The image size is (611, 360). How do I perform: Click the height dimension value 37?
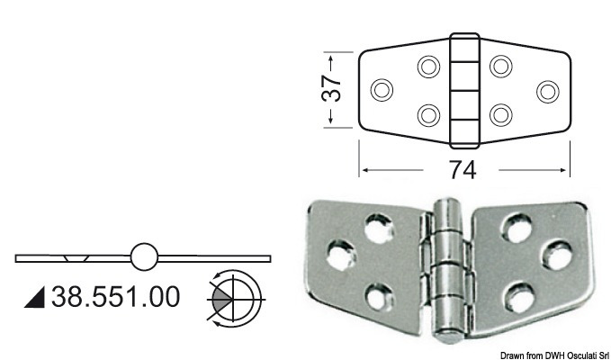(x=332, y=88)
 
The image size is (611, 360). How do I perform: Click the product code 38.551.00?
(x=114, y=295)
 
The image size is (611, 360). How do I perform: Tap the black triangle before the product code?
(x=38, y=296)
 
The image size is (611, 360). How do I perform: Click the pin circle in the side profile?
(x=143, y=257)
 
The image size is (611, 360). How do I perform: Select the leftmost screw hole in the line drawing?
(x=382, y=90)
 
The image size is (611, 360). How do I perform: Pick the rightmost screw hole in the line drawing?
(x=546, y=90)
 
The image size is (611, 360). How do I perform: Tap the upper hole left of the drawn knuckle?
(x=429, y=66)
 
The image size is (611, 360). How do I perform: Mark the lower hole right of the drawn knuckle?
(x=501, y=114)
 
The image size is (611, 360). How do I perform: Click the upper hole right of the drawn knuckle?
(x=501, y=66)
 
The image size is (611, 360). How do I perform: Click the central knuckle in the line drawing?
(x=464, y=90)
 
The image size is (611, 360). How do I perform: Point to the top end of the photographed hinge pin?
(x=447, y=210)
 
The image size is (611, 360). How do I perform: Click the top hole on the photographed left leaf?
(x=376, y=225)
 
